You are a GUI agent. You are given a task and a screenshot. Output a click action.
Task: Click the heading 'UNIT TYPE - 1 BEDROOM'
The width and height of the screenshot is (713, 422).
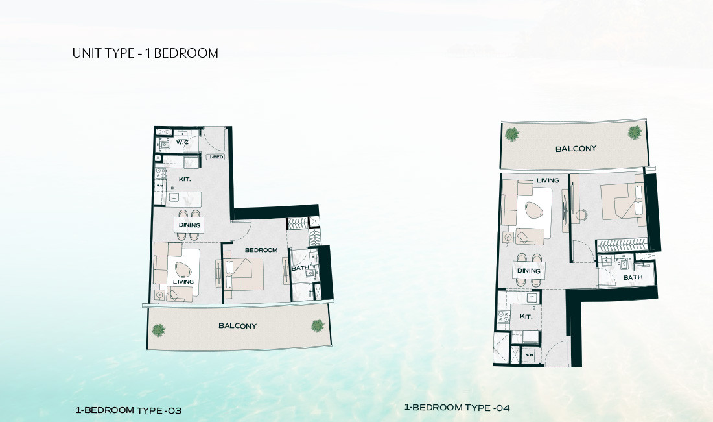145,53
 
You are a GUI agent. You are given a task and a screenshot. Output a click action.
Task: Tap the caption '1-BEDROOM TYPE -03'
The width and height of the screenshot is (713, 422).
129,410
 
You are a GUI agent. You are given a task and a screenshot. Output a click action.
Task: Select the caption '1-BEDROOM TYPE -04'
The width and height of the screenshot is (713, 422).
457,408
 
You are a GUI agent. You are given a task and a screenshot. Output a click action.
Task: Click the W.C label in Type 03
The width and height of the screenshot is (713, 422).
182,142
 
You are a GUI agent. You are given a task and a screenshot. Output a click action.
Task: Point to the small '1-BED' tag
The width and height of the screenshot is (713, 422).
215,157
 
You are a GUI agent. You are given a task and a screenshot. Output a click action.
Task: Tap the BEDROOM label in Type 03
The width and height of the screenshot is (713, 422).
261,250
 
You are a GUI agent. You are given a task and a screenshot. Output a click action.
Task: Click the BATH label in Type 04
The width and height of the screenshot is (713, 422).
633,278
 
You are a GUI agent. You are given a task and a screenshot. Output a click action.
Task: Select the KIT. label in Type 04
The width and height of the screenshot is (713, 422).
526,316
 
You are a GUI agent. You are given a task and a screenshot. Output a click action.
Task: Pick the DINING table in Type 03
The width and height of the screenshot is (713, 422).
189,225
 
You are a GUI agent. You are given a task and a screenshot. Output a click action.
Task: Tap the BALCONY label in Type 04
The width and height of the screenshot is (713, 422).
576,149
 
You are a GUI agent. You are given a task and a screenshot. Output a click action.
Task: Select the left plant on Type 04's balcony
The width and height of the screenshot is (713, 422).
511,134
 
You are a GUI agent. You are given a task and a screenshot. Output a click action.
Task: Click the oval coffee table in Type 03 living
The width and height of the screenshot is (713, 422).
184,270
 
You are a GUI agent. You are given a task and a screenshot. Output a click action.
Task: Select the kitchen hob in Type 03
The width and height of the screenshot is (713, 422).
159,173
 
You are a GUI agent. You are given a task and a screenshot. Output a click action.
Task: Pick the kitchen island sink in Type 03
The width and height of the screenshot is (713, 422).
174,197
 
